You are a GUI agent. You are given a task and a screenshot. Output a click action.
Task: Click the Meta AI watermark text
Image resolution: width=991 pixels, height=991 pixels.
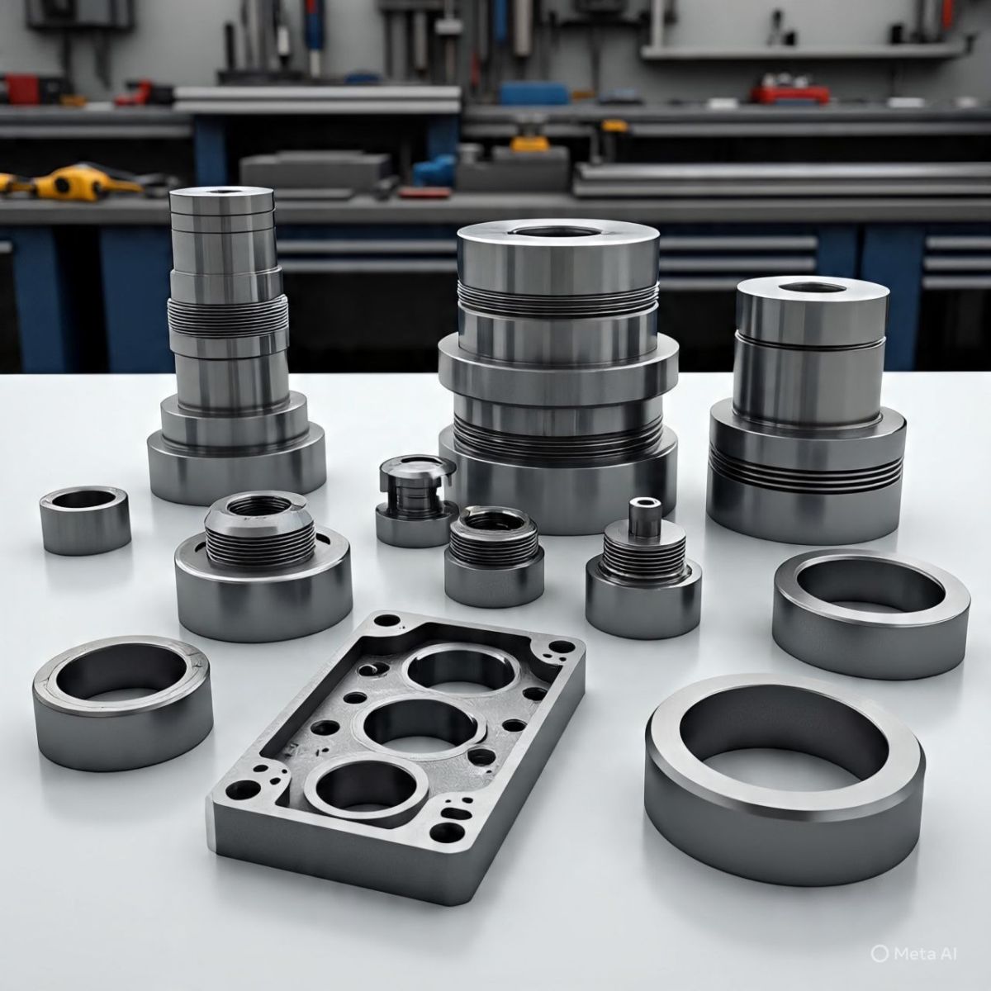point(925,954)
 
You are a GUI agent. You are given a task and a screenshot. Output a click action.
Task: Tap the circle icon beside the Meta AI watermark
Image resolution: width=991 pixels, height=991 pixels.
point(880,954)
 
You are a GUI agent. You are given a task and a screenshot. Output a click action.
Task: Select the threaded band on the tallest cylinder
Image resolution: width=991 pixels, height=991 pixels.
point(228,315)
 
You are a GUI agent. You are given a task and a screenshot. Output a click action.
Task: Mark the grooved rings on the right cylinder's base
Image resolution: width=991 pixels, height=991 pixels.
point(805,472)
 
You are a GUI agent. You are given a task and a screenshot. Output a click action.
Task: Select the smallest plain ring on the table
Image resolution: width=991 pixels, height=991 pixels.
point(85,519)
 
